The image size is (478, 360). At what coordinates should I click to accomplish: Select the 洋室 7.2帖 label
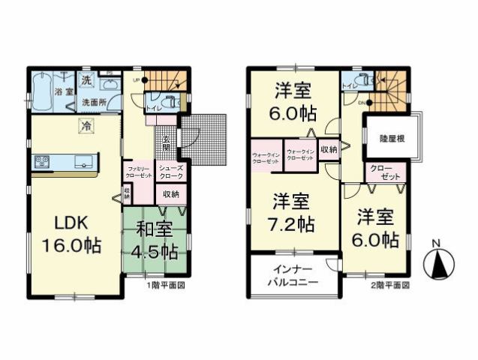(293, 212)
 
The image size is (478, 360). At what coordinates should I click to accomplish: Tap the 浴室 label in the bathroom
(62, 91)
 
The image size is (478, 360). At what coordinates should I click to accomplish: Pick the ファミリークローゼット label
(139, 172)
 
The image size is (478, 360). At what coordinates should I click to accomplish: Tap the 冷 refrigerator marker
(86, 127)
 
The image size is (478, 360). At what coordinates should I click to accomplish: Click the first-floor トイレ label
(152, 108)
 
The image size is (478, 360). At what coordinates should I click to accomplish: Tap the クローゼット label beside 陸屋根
(382, 171)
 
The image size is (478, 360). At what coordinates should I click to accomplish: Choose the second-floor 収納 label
(328, 149)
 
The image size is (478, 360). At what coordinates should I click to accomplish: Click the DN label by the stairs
(361, 103)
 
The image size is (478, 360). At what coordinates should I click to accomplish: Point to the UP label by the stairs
(137, 78)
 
